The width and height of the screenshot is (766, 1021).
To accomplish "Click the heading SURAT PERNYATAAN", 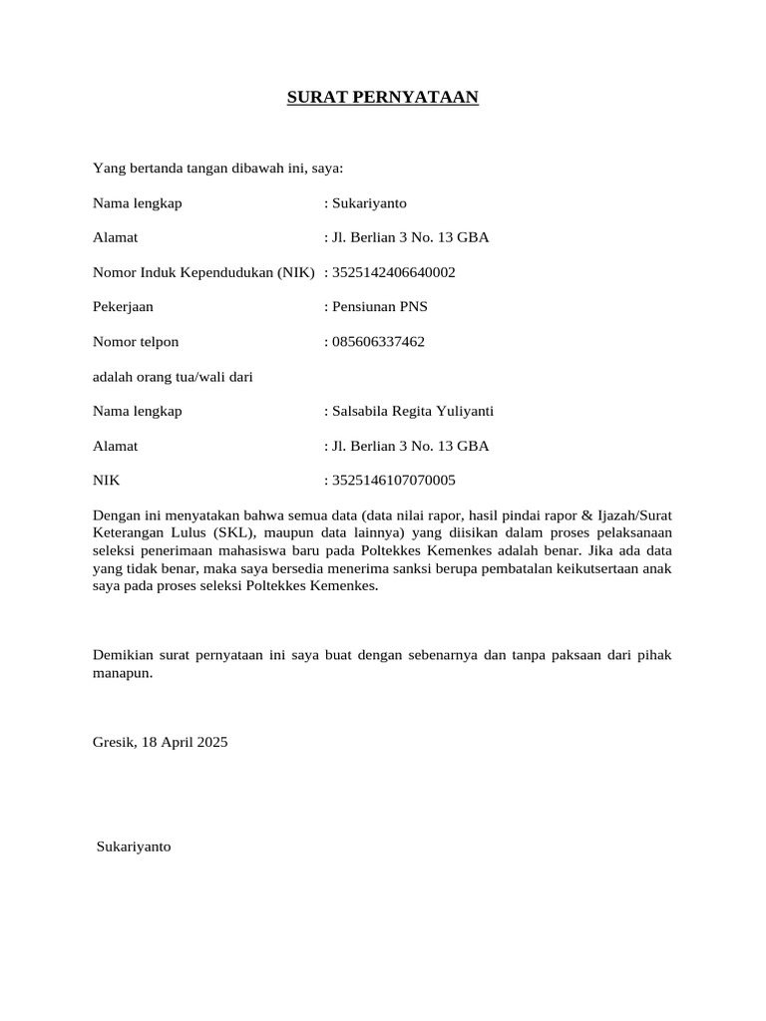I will point(383,98).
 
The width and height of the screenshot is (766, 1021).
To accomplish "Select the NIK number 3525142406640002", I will point(393,272).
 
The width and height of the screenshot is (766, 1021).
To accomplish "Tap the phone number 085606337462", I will point(378,342).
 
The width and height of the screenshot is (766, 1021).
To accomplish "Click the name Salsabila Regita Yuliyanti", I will point(413,412).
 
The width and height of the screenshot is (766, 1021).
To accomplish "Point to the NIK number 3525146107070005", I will point(393,481).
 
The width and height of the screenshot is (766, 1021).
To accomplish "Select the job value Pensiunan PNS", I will point(380,307).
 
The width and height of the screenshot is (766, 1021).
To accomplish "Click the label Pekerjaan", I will point(123,307).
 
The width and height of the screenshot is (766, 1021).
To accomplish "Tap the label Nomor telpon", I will point(136,342).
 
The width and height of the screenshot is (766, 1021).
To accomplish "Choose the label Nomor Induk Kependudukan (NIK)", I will point(203,272).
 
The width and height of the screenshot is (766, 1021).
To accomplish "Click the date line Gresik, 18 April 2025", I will point(161,743).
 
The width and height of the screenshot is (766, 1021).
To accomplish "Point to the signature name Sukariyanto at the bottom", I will point(134,847).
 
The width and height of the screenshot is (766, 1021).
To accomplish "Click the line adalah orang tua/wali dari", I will point(173,377).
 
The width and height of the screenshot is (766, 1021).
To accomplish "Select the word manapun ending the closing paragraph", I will point(122,674).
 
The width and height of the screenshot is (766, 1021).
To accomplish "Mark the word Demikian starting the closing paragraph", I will point(123,656).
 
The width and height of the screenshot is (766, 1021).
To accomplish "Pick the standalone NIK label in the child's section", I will point(106,481).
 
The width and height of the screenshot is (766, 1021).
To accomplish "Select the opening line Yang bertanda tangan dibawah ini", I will point(217,169).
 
